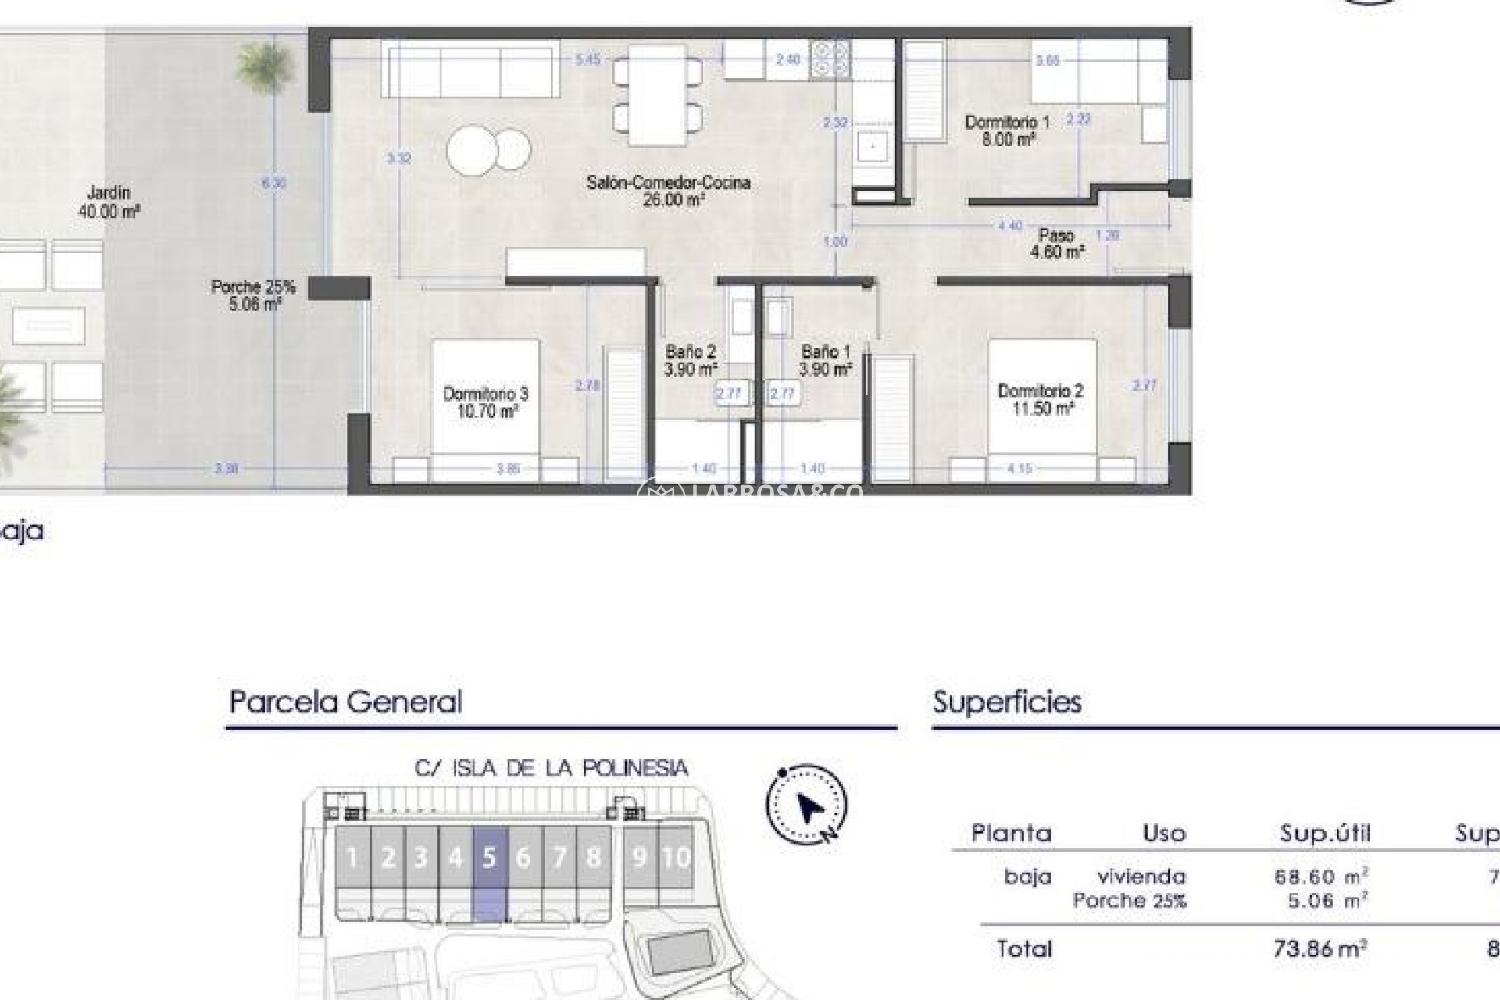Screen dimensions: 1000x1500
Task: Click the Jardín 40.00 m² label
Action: tap(109, 202)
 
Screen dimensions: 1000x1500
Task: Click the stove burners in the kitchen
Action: tap(830, 60)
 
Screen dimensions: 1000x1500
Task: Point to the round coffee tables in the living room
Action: tap(489, 149)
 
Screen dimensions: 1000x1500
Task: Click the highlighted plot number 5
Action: tap(490, 858)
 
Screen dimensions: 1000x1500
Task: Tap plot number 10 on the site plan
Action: tap(677, 858)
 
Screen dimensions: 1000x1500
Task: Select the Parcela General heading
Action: tap(345, 702)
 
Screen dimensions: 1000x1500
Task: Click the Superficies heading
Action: tap(1007, 702)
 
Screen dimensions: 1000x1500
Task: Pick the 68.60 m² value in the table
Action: tap(1320, 877)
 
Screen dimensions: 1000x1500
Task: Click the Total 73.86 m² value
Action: tap(1320, 948)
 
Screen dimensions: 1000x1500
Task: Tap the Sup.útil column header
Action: tap(1325, 834)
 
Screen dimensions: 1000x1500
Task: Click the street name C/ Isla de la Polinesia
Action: tap(552, 768)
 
